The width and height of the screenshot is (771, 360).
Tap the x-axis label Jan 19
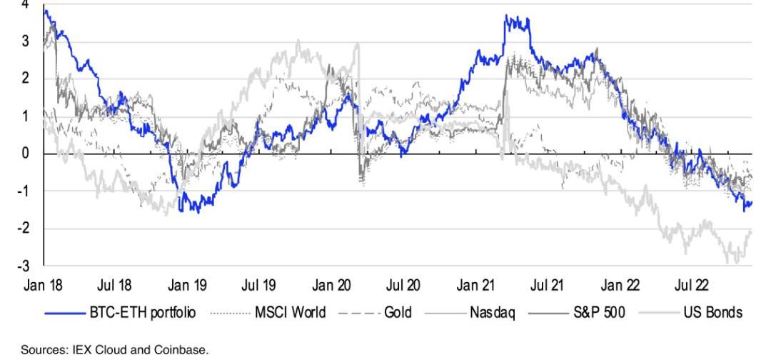188,286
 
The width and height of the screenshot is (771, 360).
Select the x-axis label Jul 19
259,286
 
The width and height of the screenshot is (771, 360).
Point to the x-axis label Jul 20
403,286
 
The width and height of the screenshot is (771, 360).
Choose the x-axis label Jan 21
475,286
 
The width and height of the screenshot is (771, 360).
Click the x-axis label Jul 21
547,286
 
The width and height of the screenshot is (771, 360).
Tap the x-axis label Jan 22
620,286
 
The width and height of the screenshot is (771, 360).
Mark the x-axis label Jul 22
691,286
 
